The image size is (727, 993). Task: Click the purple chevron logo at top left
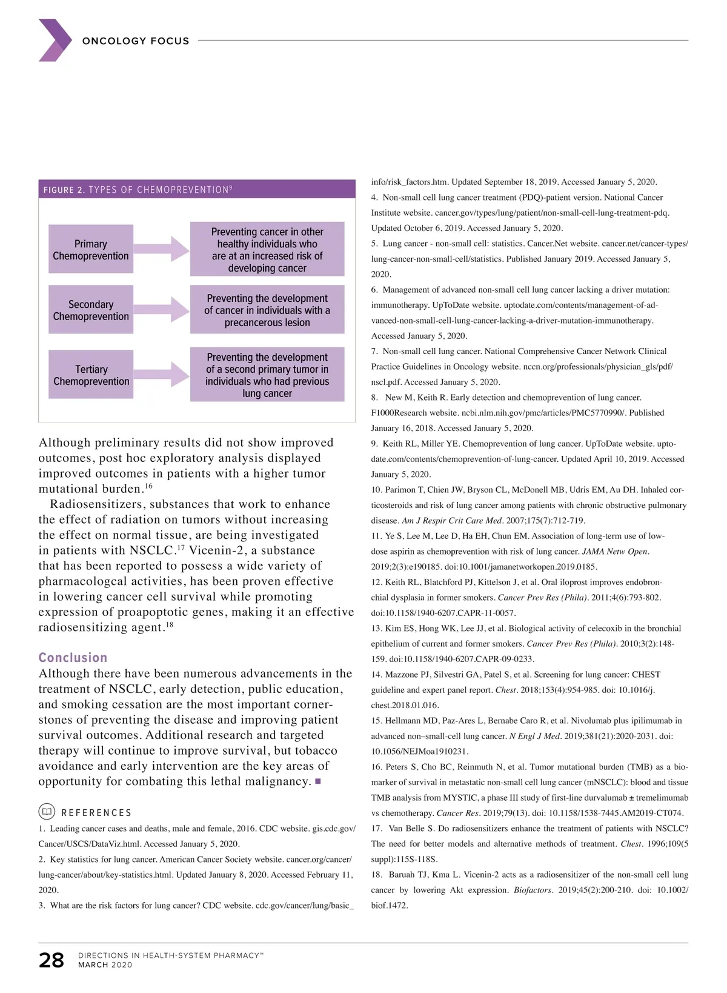coord(55,40)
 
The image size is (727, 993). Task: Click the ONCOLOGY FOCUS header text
coord(136,41)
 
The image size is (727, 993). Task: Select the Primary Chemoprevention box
coord(91,250)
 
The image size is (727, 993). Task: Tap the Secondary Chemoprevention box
coord(91,310)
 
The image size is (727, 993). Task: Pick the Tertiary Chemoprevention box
coord(91,375)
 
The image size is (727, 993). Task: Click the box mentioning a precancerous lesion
coord(267,310)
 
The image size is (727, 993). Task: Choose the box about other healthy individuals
coord(267,250)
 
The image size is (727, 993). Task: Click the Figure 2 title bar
coord(197,189)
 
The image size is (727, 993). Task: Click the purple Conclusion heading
coord(73,658)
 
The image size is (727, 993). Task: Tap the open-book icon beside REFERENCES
coord(47,812)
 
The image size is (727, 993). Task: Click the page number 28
coord(51,960)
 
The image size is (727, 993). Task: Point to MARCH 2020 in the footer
coord(105,965)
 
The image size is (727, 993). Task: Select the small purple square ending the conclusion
coord(318,781)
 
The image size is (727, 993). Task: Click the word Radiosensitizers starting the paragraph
coord(97,504)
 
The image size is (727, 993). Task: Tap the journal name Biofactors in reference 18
coord(533,890)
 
